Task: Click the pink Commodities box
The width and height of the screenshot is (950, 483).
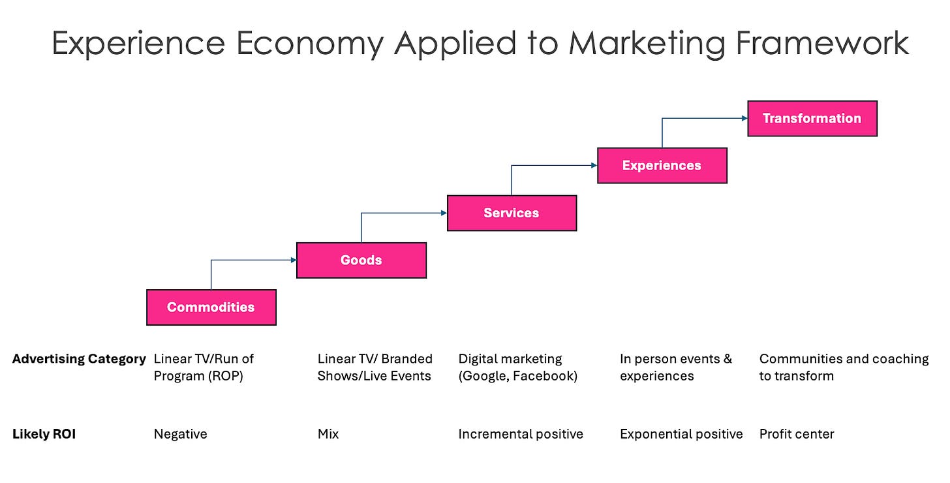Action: coord(211,307)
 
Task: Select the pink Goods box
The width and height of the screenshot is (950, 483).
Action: coord(361,260)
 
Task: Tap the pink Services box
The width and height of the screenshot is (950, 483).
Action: coord(512,213)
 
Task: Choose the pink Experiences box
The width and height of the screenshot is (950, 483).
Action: coord(662,165)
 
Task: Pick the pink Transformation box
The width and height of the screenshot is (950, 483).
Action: coord(812,118)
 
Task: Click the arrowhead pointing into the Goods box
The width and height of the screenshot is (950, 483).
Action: coord(293,260)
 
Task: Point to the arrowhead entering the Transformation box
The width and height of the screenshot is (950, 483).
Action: coord(744,118)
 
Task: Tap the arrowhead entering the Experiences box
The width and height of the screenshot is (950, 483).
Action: coord(594,166)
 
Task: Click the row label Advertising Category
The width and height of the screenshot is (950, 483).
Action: coord(79,359)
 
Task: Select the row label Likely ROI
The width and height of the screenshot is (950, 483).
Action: coord(44,434)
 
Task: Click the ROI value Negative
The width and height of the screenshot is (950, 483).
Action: coord(180,434)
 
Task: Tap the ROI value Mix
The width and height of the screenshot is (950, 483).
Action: coord(328,434)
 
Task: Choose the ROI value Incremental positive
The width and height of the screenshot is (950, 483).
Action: coord(521,434)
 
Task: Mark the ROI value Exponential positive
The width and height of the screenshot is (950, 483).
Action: coord(681,434)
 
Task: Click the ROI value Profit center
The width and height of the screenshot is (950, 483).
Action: coord(797,434)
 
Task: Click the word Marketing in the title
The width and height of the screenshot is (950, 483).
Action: coord(647,44)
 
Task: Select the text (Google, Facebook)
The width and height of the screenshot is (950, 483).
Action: coord(518,376)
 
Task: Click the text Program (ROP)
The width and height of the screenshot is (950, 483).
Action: coord(198,376)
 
